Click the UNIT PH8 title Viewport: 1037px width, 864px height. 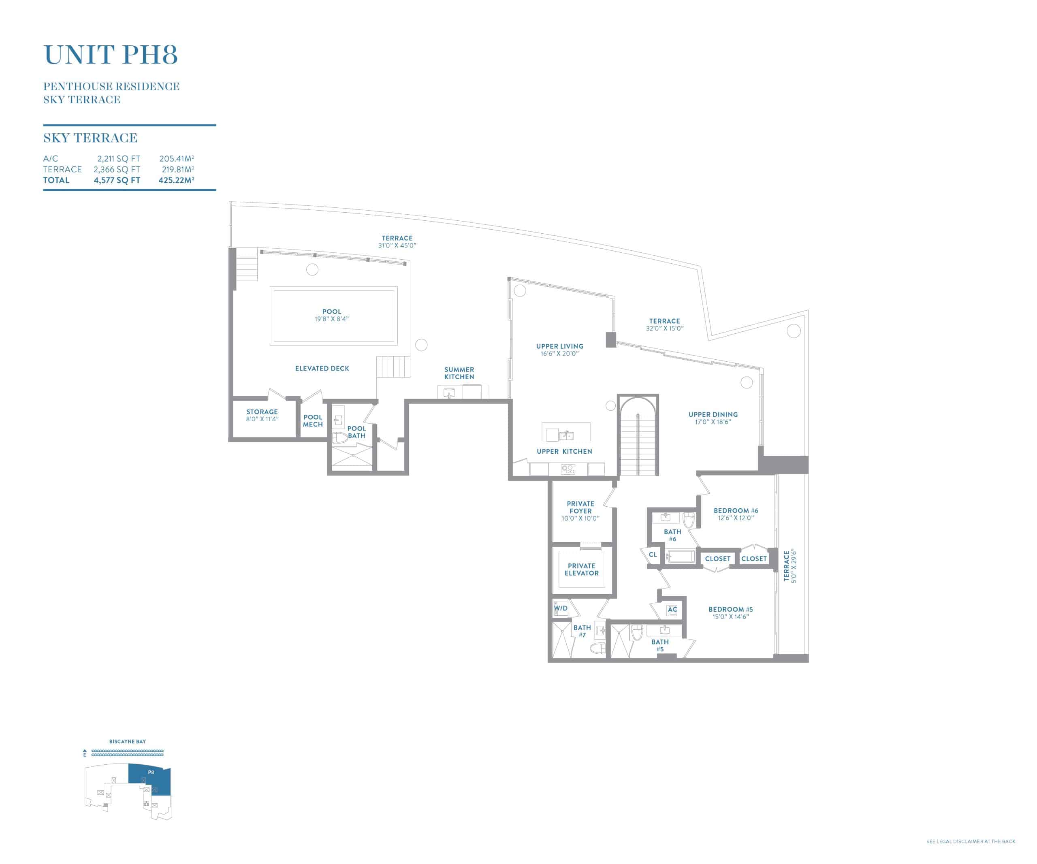[111, 54]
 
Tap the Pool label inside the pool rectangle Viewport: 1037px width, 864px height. [332, 311]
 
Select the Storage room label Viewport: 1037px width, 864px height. [262, 412]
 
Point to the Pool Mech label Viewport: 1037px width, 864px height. [313, 420]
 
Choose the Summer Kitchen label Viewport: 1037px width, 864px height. [459, 373]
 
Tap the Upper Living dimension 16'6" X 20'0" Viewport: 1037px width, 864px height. [559, 354]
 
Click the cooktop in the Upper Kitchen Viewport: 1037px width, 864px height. [568, 469]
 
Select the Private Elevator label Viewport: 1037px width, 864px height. [582, 569]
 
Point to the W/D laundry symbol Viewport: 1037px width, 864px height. [561, 608]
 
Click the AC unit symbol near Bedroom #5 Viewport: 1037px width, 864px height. [672, 609]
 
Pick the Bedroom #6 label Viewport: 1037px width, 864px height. [736, 510]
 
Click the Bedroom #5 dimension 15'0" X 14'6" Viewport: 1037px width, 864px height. [730, 617]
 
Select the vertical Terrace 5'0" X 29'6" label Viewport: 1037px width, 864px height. [790, 566]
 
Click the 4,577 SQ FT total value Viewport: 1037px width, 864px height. [117, 180]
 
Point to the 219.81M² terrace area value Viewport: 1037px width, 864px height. [178, 169]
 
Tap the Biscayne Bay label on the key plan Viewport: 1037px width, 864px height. [128, 742]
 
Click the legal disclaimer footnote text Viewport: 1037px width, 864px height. [971, 841]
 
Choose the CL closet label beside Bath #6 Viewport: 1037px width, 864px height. [653, 555]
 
